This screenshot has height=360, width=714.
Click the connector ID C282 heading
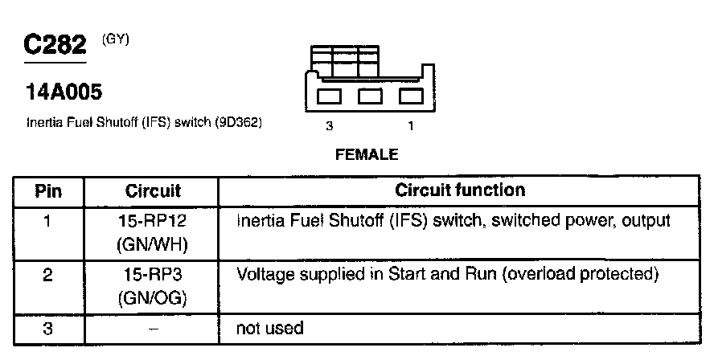(x=55, y=46)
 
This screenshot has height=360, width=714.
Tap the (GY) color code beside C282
(x=116, y=38)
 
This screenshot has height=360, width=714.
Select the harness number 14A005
(x=64, y=93)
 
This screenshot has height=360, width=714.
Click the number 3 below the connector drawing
(x=329, y=126)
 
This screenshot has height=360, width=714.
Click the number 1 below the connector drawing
(x=411, y=126)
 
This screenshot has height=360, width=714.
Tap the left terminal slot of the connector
(x=330, y=96)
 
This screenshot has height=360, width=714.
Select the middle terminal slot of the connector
(x=370, y=96)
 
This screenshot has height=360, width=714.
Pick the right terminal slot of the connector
(x=411, y=96)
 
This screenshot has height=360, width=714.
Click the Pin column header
(x=48, y=192)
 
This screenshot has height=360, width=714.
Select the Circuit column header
(x=153, y=192)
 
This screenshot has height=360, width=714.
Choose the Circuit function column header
(x=460, y=191)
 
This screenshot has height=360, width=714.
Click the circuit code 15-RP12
(x=153, y=219)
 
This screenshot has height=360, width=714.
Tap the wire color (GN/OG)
(x=153, y=298)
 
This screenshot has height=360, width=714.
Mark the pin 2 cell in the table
(x=48, y=276)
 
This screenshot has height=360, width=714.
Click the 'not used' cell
(x=270, y=329)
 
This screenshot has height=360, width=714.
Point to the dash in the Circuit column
(x=153, y=329)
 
